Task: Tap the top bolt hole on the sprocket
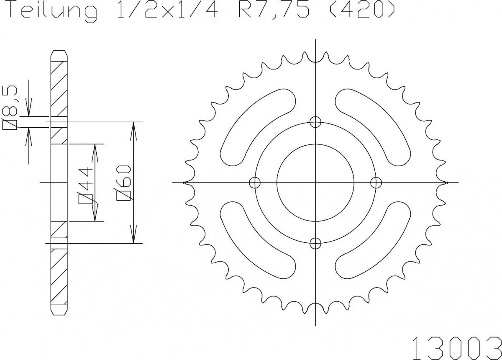[315, 122]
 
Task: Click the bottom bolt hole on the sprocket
[315, 243]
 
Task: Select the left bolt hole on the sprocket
[254, 183]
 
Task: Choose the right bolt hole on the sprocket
[376, 183]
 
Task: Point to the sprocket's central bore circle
[315, 183]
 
